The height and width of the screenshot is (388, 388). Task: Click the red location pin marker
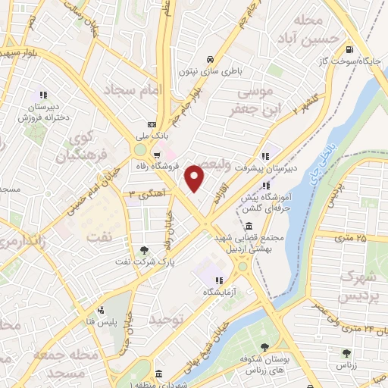click(x=196, y=178)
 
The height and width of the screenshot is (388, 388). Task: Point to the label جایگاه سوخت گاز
click(x=360, y=61)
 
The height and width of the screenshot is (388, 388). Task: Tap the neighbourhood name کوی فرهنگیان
click(x=83, y=148)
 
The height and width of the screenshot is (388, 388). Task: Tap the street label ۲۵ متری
click(x=350, y=238)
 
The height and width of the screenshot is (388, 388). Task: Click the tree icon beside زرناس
click(x=346, y=353)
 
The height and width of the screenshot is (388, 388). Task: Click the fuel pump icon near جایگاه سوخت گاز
click(x=349, y=50)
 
